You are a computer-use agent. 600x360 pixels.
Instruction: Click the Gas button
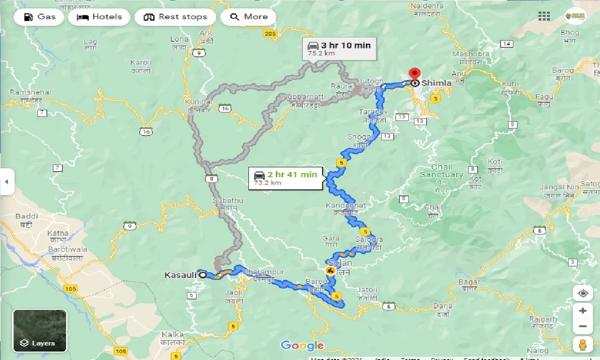(x=38, y=17)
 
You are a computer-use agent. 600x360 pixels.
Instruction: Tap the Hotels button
(x=99, y=17)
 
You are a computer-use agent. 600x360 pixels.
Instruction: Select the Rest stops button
(x=175, y=17)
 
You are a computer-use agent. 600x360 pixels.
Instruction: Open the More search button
(x=248, y=17)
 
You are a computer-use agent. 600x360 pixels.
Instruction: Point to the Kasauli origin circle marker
(x=202, y=275)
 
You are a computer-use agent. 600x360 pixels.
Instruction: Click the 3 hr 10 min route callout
(x=339, y=48)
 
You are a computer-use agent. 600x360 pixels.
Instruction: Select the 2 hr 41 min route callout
(x=285, y=178)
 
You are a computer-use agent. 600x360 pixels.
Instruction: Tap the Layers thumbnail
(x=40, y=330)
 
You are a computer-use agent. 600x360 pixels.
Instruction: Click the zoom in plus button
(x=583, y=311)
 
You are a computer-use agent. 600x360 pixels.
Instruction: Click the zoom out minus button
(x=583, y=326)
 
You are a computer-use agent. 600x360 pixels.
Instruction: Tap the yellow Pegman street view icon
(x=583, y=344)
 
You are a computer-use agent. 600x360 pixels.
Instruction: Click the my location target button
(x=583, y=293)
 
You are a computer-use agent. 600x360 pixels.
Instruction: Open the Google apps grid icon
(x=544, y=16)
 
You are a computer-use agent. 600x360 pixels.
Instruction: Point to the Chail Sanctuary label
(x=442, y=171)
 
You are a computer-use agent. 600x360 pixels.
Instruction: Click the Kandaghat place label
(x=346, y=206)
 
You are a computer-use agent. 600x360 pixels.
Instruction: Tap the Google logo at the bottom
(x=302, y=346)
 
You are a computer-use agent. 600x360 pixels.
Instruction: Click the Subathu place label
(x=228, y=201)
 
